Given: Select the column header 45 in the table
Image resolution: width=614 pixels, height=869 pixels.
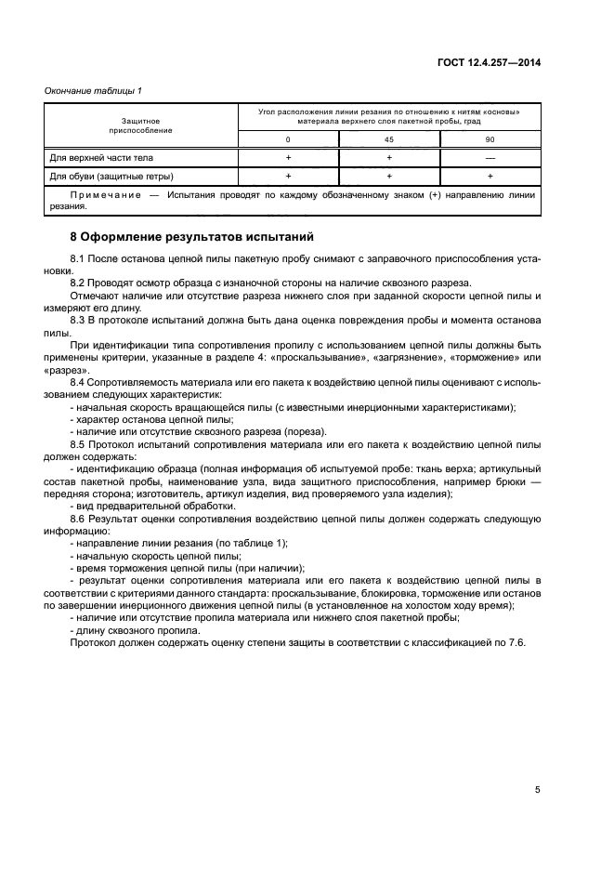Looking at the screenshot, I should pos(389,138).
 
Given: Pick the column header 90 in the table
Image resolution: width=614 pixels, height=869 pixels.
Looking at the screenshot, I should pos(490,138).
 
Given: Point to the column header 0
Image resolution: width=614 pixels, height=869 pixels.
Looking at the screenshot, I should pos(289,138).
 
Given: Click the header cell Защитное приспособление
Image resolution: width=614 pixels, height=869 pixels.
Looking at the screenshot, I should pos(141,125).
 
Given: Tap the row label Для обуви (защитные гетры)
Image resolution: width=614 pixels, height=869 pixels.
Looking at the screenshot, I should pos(111,176).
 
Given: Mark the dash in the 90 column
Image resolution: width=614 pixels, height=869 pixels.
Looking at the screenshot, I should pos(490,157).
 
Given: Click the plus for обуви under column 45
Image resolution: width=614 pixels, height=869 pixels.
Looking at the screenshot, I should pos(389,176).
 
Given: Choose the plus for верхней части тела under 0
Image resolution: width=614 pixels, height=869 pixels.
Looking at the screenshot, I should pos(289,157).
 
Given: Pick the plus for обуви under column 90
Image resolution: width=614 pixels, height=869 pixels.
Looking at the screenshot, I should pos(490,176).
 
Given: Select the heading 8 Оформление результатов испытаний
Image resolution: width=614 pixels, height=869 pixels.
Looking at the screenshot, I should pos(192,237).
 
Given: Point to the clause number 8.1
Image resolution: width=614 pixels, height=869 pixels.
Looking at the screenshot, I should pos(78,256).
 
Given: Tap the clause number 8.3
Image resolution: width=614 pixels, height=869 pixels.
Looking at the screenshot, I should pos(78,320).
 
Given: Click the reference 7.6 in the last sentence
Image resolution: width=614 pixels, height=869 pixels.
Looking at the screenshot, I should pos(517,643).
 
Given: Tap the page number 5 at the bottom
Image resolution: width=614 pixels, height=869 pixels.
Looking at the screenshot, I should pos(537,790).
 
